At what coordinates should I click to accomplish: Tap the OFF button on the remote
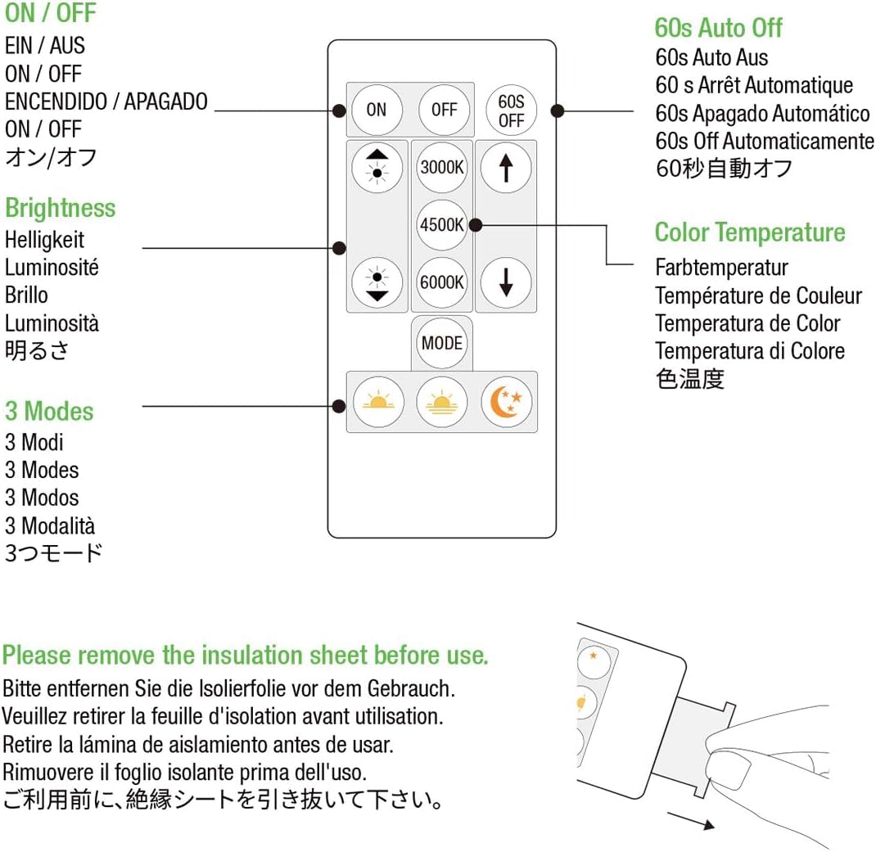443,110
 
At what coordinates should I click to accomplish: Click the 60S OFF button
511,110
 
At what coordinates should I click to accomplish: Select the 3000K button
442,168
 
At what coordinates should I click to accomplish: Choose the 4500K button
442,223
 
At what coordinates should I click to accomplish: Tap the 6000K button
442,282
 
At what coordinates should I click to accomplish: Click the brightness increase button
377,168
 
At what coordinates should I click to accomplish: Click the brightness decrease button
377,282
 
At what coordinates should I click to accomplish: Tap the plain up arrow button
506,168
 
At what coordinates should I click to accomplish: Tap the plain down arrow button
506,282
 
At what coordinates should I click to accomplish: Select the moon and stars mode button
507,402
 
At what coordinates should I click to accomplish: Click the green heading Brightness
61,208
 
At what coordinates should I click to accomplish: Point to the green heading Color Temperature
749,232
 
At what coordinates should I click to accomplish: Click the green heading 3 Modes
49,411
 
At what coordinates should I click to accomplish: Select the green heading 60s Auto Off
718,28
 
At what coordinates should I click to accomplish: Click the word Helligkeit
44,240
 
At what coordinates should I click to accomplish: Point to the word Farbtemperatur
721,268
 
